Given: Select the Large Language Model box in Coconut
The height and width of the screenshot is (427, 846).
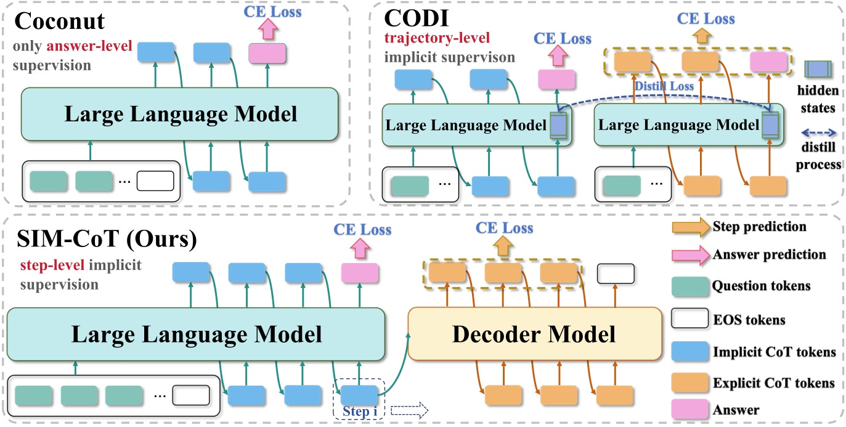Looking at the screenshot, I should tap(179, 115).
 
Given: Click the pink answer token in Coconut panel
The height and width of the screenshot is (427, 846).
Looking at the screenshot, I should tap(267, 54).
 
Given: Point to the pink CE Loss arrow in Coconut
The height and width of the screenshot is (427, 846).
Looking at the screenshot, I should tap(267, 28).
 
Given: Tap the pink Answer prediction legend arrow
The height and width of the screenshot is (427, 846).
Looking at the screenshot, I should tap(688, 254).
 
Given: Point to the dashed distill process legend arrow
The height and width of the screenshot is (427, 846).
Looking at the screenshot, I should tap(817, 132).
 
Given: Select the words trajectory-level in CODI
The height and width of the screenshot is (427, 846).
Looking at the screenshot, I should tap(437, 39).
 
